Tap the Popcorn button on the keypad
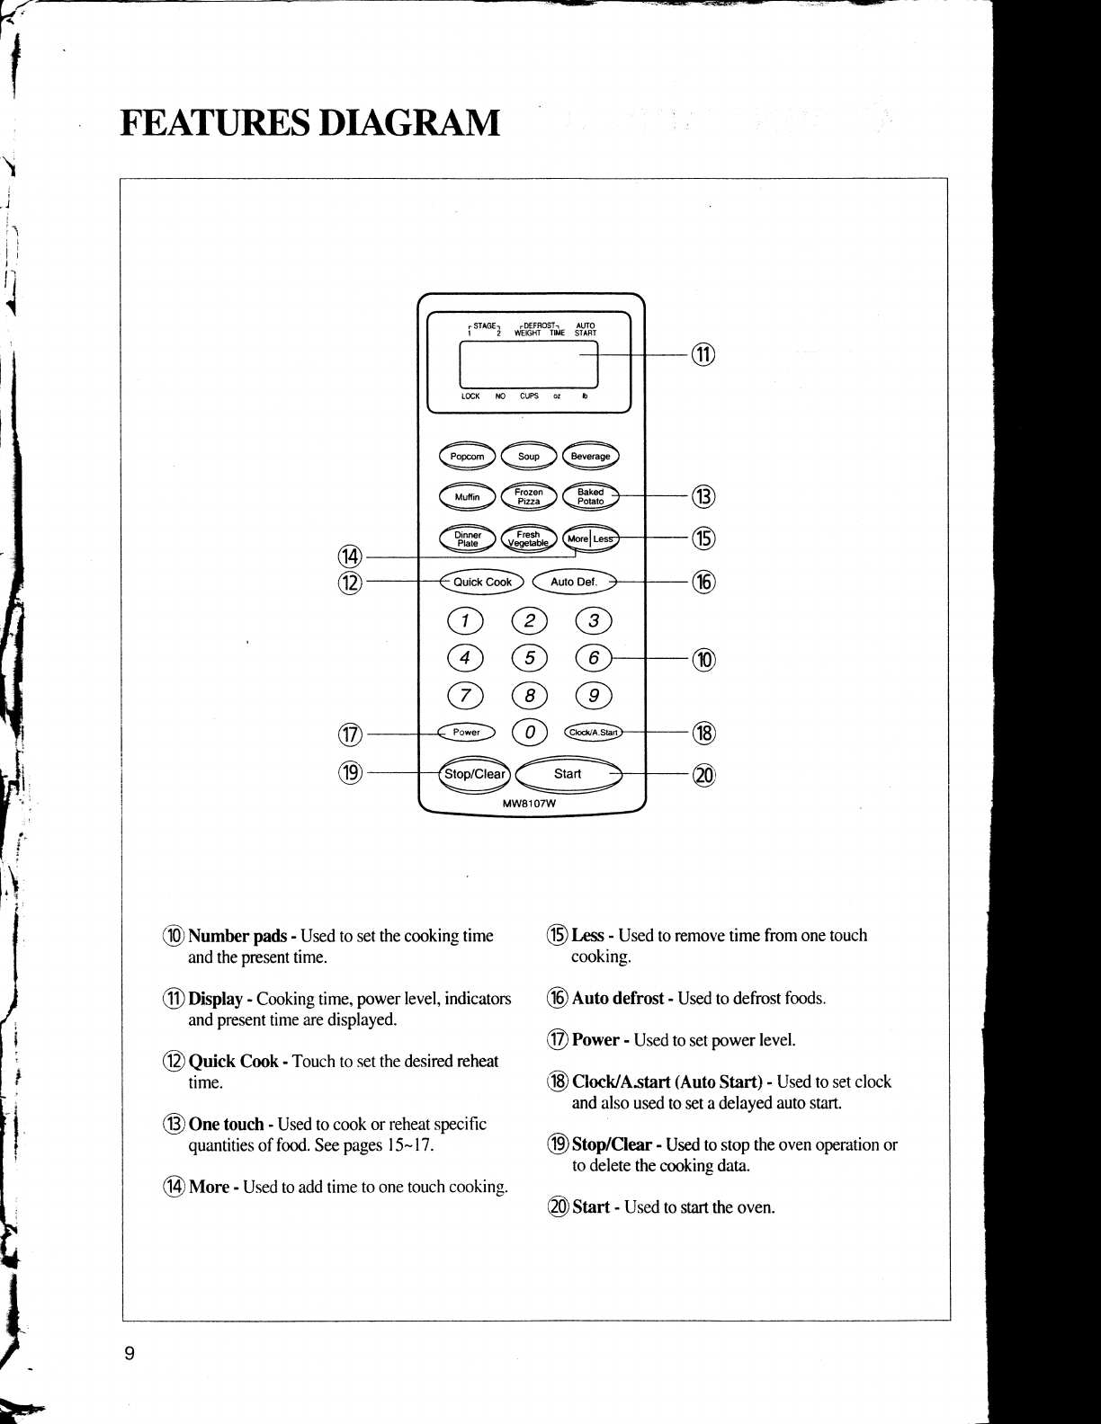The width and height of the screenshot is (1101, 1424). pyautogui.click(x=467, y=457)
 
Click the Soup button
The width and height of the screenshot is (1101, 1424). pyautogui.click(x=529, y=457)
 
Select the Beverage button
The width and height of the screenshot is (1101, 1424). pyautogui.click(x=590, y=457)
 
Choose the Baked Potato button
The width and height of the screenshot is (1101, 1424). pyautogui.click(x=590, y=496)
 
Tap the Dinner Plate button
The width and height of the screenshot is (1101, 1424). pyautogui.click(x=467, y=538)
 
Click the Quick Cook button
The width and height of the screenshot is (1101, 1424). pyautogui.click(x=482, y=582)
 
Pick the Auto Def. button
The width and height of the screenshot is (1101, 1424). pyautogui.click(x=574, y=582)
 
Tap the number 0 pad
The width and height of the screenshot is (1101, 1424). pyautogui.click(x=529, y=733)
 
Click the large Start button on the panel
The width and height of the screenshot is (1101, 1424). pyautogui.click(x=568, y=773)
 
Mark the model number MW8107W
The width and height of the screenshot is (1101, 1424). pyautogui.click(x=529, y=804)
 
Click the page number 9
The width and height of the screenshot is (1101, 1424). pyautogui.click(x=130, y=1355)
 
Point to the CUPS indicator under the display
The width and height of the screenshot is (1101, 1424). pyautogui.click(x=529, y=396)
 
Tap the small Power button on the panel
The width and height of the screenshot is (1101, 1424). pyautogui.click(x=466, y=732)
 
